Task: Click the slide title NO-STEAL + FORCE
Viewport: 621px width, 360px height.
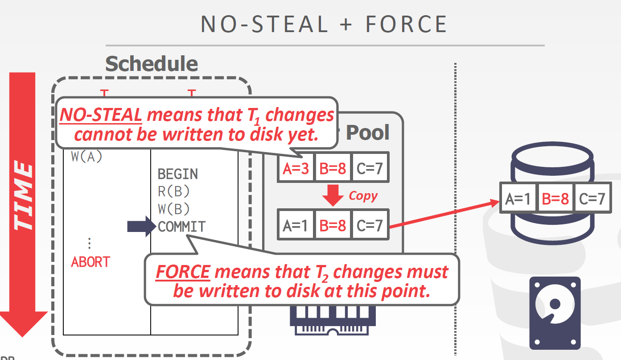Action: point(324,24)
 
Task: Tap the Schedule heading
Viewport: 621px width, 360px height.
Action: point(152,64)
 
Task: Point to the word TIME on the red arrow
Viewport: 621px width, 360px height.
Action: point(24,197)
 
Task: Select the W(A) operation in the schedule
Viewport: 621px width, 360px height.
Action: point(86,157)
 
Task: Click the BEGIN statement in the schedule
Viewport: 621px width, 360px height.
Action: point(178,174)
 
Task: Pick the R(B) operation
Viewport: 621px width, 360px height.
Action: point(174,191)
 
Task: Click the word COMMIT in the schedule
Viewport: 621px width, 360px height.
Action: point(182,227)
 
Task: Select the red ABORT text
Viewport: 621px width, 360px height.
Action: point(90,262)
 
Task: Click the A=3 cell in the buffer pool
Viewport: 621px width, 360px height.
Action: point(296,168)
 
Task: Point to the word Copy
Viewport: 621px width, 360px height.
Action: point(363,196)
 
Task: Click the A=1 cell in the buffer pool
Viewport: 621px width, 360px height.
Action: point(296,226)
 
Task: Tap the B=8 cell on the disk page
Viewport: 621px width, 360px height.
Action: point(555,198)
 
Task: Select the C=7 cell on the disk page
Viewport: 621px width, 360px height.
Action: point(592,198)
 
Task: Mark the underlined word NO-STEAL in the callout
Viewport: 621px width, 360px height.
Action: point(101,116)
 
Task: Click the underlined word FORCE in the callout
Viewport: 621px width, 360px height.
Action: point(183,271)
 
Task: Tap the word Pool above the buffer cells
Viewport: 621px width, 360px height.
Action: point(368,132)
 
